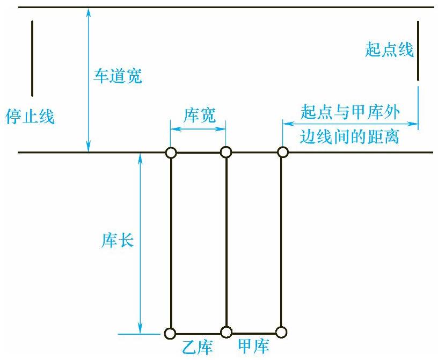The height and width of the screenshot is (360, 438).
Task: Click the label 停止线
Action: (x=30, y=117)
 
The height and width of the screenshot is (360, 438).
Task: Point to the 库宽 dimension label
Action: (x=200, y=114)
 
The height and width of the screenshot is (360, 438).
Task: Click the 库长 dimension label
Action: (x=118, y=240)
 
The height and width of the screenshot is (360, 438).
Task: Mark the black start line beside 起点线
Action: (x=418, y=51)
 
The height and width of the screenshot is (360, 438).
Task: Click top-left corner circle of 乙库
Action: (x=171, y=153)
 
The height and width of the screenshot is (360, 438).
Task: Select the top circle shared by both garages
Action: (x=226, y=153)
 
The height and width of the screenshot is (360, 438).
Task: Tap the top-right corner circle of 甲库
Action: (x=282, y=152)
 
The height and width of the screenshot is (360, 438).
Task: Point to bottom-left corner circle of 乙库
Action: (x=171, y=333)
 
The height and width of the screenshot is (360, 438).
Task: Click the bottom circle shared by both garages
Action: (x=226, y=332)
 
